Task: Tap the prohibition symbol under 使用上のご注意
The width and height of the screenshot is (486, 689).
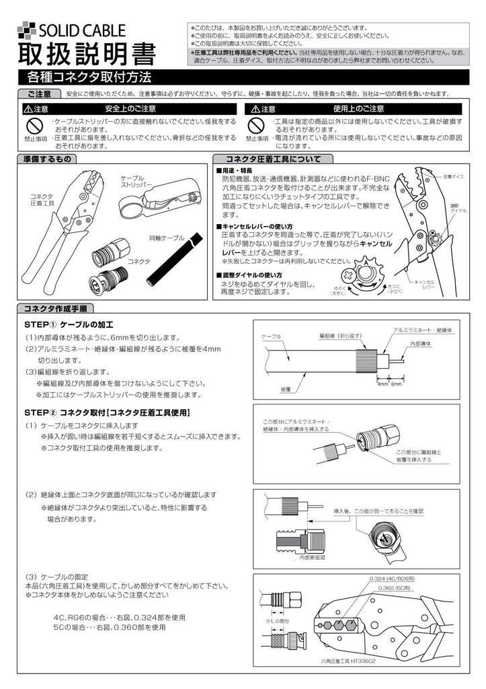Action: click(x=256, y=125)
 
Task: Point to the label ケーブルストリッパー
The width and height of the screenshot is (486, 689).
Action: click(x=136, y=180)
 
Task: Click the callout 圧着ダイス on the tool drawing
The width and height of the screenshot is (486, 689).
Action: click(x=454, y=176)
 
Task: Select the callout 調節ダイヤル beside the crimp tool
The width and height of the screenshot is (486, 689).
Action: click(x=454, y=207)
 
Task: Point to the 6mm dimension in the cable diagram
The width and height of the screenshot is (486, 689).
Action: click(x=396, y=384)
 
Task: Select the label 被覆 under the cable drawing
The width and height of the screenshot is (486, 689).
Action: click(x=284, y=389)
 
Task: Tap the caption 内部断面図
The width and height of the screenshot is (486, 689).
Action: click(x=313, y=557)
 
